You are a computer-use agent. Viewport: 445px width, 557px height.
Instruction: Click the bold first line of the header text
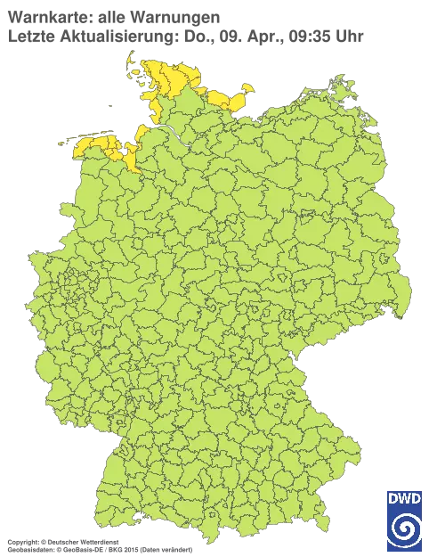point(111,15)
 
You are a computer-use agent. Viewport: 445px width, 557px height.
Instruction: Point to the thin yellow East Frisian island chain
point(85,137)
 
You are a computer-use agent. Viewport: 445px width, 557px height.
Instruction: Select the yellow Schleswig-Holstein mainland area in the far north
point(169,80)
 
